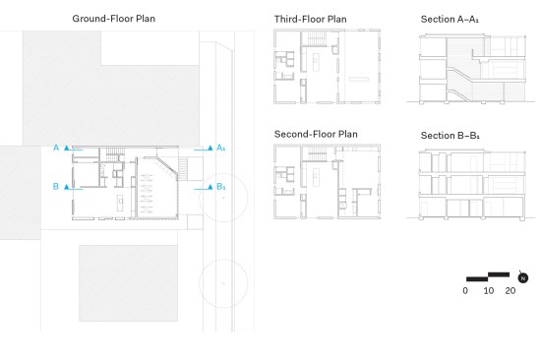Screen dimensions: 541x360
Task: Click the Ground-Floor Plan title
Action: (113, 19)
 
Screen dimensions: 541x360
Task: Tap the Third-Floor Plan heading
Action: (310, 19)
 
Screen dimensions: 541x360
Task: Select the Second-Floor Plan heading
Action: (316, 134)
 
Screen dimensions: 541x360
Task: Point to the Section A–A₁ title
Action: (450, 19)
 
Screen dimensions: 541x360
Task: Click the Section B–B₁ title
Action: (450, 136)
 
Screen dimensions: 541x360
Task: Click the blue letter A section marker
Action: (56, 148)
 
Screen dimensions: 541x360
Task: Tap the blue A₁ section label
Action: (220, 148)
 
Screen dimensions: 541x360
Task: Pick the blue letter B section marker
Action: (55, 186)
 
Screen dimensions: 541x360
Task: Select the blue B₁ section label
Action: (220, 187)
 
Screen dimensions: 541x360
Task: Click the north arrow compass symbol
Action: (523, 277)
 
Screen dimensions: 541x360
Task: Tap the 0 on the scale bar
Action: (465, 290)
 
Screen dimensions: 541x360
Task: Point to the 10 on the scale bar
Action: (488, 290)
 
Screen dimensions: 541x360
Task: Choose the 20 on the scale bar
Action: (511, 290)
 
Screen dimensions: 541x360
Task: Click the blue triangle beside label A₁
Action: (210, 148)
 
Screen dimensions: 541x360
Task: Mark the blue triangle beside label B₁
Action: (210, 187)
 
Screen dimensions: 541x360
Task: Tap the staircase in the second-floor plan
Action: (317, 153)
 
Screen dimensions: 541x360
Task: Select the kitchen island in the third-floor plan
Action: (316, 62)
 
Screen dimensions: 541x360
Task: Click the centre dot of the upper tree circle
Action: (223, 198)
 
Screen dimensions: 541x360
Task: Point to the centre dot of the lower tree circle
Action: (223, 283)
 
